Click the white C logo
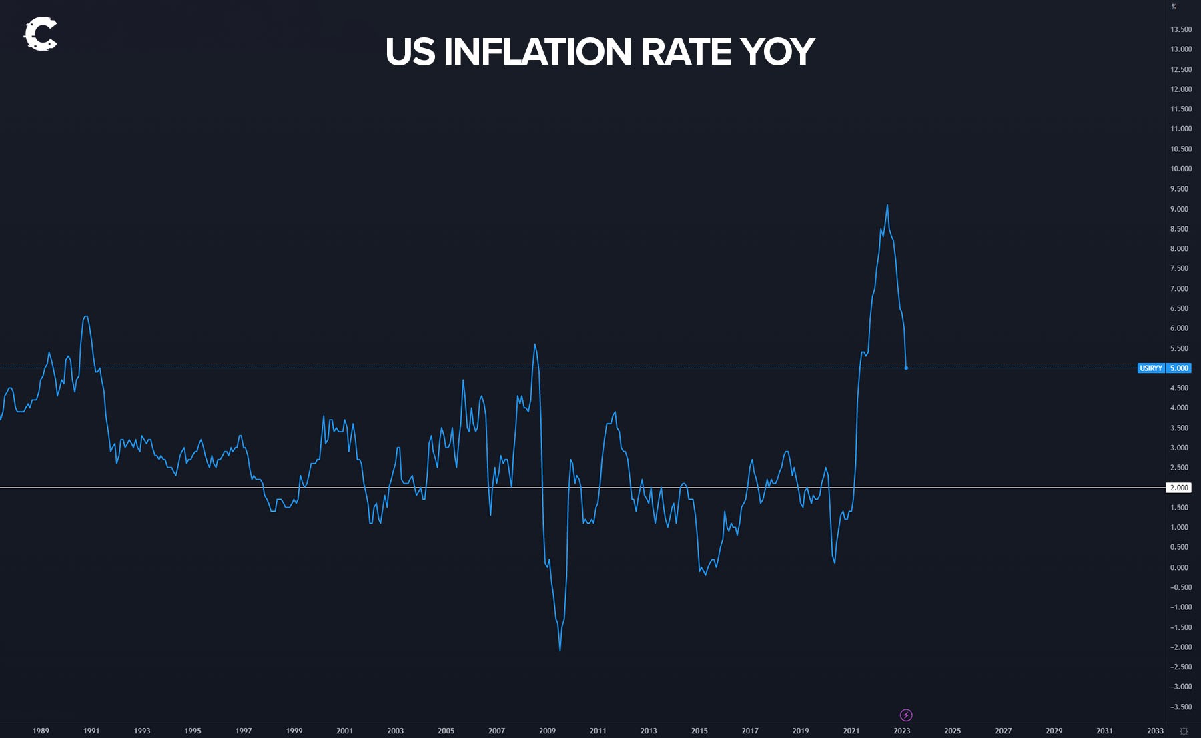41,34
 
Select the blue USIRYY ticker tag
1151,368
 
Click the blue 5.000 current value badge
1179,368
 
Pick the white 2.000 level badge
1179,488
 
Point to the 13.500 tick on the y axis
1180,29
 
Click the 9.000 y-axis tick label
1179,209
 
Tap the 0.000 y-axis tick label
1179,567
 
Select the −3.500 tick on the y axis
1180,707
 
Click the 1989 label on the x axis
41,731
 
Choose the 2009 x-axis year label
547,731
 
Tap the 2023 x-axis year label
902,731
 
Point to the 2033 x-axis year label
1155,731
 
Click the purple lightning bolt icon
906,715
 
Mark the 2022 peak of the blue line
887,205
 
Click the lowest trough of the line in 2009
560,651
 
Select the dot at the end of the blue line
906,368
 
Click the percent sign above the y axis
1174,7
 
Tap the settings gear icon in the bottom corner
1184,731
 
